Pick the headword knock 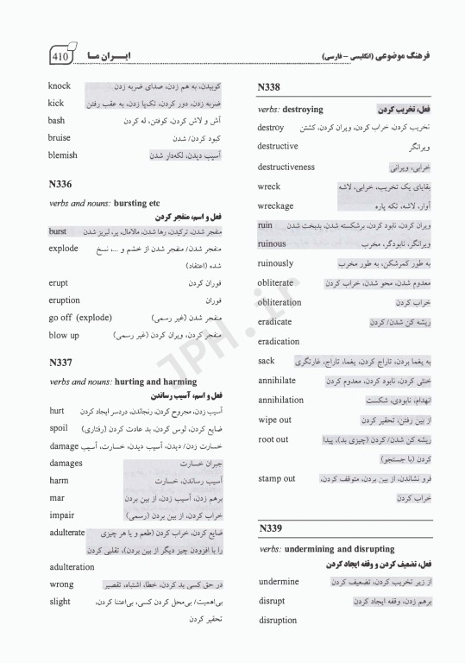tap(60, 86)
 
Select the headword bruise tap(60, 138)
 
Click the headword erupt tap(60, 282)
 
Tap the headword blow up tap(64, 334)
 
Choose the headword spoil tap(59, 427)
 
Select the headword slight tap(60, 601)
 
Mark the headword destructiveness tap(286, 167)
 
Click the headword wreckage tap(275, 206)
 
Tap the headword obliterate tap(275, 282)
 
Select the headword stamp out tap(276, 478)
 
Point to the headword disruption tap(277, 620)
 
